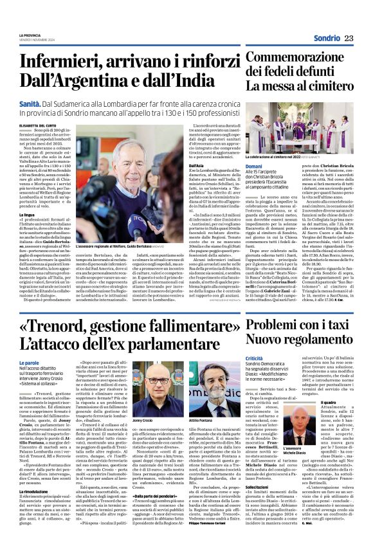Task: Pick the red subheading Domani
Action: pyautogui.click(x=254, y=167)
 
